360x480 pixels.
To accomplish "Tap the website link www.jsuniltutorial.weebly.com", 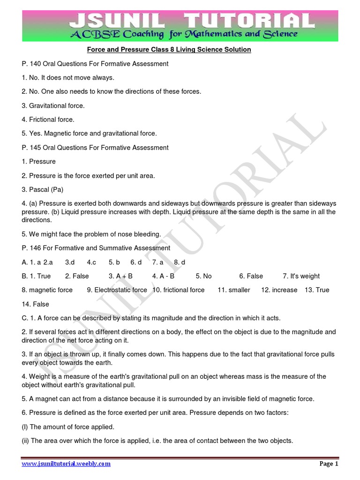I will click(x=66, y=464).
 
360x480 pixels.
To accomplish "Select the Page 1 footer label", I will click(x=329, y=464).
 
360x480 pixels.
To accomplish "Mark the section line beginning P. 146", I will click(x=96, y=248).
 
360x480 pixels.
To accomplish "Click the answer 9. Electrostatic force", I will click(x=117, y=290).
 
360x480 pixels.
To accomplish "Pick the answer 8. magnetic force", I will click(x=47, y=290).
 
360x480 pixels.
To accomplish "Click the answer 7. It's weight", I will click(x=301, y=276).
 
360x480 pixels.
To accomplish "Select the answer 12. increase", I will click(x=279, y=290).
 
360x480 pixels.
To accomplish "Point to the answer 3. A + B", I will click(x=120, y=276).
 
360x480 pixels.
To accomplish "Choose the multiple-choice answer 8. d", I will click(x=179, y=262).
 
